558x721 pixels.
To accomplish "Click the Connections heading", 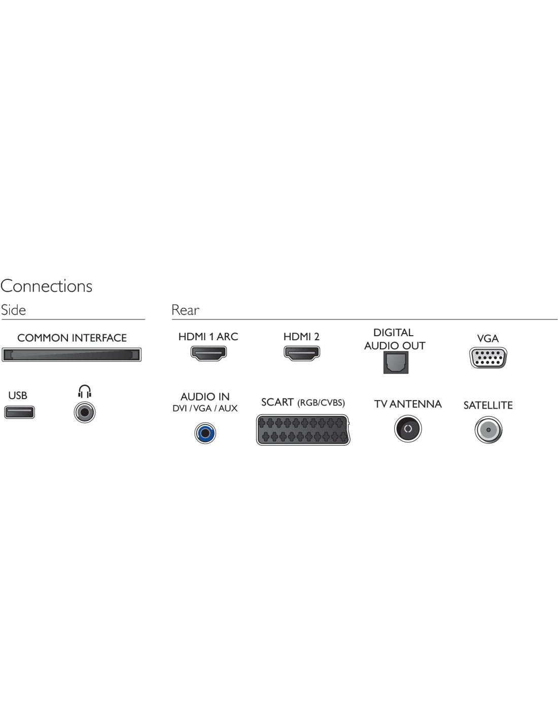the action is pos(46,286).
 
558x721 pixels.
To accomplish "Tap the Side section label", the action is pos(13,310).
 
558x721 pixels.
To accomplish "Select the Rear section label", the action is pos(185,310).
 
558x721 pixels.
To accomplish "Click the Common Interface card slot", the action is pos(72,355).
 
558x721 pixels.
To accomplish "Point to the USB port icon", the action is pos(19,412).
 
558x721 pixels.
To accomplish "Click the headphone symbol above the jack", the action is pos(85,391).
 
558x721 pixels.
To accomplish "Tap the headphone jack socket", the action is pos(85,412).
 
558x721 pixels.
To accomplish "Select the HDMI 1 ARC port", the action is pos(208,353).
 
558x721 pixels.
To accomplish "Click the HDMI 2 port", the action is pos(302,353).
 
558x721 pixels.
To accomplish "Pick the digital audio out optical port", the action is pos(396,363).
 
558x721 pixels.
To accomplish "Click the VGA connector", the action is pos(488,357).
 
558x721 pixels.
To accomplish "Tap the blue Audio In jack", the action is pos(205,433).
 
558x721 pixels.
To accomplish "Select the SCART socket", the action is pos(303,429).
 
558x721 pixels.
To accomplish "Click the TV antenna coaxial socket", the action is pos(408,428).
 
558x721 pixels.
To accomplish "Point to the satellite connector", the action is pos(489,429).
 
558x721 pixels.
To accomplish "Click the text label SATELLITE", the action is pos(488,405).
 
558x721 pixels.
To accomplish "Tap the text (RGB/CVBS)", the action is pos(321,403).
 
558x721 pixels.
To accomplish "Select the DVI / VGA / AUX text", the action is pos(205,408).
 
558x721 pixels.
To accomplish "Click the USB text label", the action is pos(18,395).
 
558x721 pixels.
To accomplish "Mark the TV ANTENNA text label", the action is pos(408,404).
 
